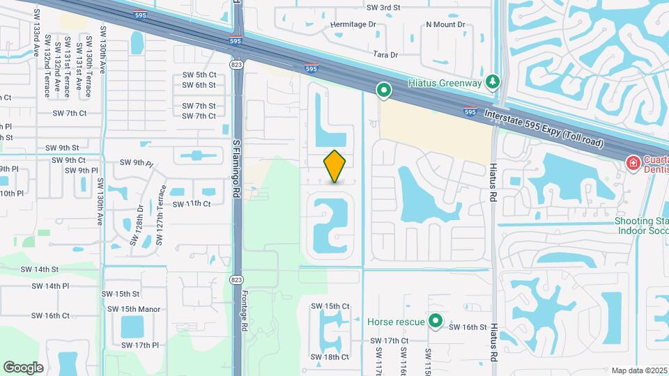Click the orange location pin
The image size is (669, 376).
pos(334,166)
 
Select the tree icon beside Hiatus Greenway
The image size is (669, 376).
pos(493,82)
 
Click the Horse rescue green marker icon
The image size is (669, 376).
pos(436,321)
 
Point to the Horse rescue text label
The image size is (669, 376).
pos(396,322)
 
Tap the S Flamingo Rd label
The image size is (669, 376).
pos(236,167)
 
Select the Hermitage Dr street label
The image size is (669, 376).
pos(353,24)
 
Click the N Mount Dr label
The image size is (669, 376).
pos(445,24)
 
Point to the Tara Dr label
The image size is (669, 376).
pos(385,54)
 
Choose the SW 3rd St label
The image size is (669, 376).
pos(383,7)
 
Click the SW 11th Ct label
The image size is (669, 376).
pos(192,203)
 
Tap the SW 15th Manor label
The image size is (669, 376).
pos(134,309)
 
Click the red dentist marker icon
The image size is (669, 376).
pos(633,163)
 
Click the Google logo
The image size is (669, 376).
pos(23,367)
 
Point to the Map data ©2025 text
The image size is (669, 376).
pos(638,370)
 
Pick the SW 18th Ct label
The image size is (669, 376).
pos(330,357)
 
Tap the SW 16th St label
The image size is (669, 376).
pos(467,327)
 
